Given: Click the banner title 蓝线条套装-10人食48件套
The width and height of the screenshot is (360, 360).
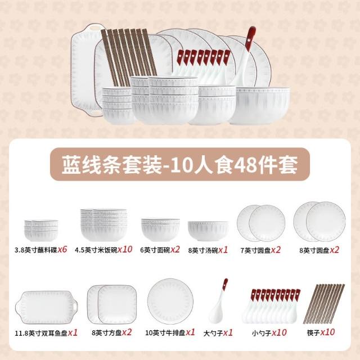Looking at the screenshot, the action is [x=180, y=165].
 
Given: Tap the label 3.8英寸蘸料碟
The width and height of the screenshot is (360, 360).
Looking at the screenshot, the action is [x=36, y=250].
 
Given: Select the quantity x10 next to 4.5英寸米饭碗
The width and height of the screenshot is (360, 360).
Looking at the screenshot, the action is [x=125, y=249].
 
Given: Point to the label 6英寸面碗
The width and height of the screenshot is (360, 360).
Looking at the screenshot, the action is [x=155, y=250].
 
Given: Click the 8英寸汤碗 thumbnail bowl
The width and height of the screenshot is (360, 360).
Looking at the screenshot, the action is [x=208, y=231].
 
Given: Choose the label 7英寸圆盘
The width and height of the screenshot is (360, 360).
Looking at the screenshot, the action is [x=255, y=250].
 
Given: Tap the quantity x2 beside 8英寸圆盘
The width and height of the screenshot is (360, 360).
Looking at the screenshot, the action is [x=335, y=250].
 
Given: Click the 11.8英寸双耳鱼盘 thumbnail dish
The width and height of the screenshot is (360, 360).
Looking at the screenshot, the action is [x=47, y=308].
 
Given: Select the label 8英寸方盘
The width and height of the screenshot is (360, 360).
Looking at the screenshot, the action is [x=106, y=332].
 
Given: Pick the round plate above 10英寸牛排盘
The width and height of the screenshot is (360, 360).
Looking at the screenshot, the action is [x=170, y=301].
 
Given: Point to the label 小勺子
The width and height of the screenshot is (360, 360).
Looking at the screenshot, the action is [x=262, y=333].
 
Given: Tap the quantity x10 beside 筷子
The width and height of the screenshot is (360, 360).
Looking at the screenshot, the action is [x=327, y=332].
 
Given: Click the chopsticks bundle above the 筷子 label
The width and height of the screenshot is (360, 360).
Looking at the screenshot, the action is [x=324, y=304].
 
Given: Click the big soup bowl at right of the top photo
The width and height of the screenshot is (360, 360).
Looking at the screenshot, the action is [x=259, y=106].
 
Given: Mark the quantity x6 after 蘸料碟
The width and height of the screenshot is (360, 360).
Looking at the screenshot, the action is [x=62, y=249].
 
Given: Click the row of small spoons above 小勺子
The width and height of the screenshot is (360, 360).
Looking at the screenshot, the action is [x=271, y=306].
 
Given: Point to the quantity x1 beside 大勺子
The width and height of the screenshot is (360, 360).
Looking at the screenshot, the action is [x=228, y=332].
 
